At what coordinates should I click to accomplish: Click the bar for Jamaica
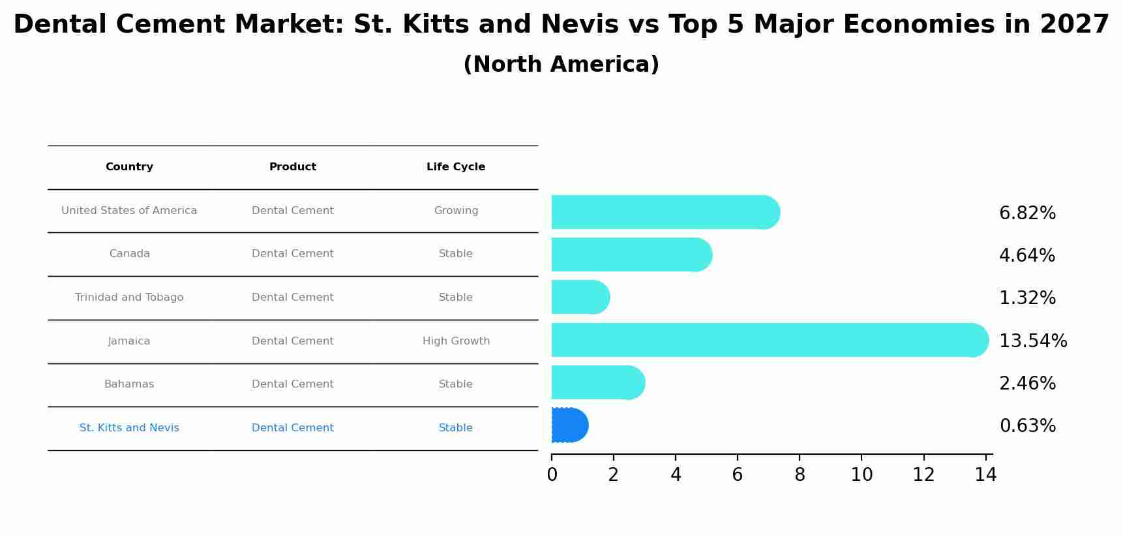click(770, 340)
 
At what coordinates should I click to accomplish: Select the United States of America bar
click(665, 212)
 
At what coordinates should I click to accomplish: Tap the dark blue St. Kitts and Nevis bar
click(569, 425)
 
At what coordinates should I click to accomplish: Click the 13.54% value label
click(1033, 341)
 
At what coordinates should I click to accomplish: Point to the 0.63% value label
click(1027, 426)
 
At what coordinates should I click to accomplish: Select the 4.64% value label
click(1027, 255)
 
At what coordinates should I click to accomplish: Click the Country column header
click(129, 167)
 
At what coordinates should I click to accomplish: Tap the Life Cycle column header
click(456, 167)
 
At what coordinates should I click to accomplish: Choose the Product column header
click(293, 167)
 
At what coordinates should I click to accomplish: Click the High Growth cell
click(456, 341)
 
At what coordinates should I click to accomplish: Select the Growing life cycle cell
click(456, 211)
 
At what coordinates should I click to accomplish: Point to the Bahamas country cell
click(129, 384)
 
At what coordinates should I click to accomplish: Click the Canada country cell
click(129, 254)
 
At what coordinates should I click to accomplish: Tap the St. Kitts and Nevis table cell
click(129, 428)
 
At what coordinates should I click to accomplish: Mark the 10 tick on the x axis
click(861, 474)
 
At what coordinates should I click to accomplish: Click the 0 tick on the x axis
click(552, 474)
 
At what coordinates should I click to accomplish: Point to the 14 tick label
click(985, 474)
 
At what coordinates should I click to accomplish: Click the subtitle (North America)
click(561, 65)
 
